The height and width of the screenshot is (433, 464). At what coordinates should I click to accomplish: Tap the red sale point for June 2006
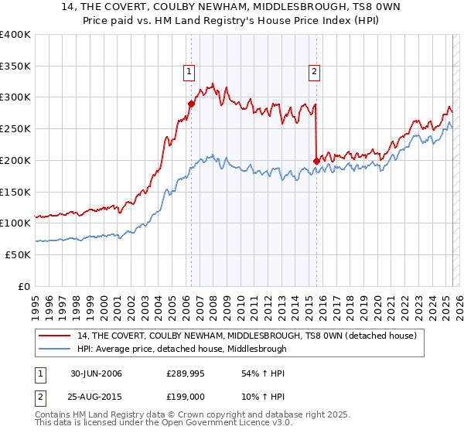191,102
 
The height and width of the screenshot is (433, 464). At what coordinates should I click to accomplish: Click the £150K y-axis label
15,192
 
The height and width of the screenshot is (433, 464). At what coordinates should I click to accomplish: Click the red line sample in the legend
56,336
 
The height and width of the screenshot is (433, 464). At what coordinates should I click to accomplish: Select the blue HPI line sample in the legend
56,349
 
